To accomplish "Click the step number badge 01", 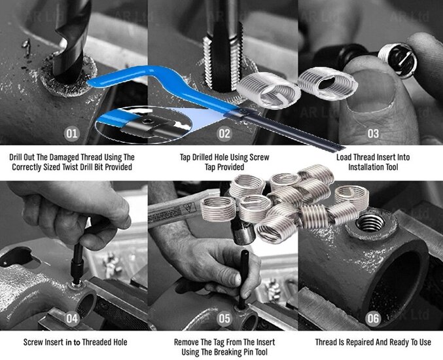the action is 71,134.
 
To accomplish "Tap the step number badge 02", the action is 224,134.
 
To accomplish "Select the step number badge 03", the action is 373,134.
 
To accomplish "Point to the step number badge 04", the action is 72,319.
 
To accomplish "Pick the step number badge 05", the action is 224,319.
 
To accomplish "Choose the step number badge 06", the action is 373,319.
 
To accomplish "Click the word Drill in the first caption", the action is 17,157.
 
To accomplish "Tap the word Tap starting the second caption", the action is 185,157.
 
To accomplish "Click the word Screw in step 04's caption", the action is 33,342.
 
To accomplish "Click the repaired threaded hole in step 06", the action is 370,223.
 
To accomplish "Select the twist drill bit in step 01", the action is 71,39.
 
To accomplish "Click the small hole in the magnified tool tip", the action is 147,121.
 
